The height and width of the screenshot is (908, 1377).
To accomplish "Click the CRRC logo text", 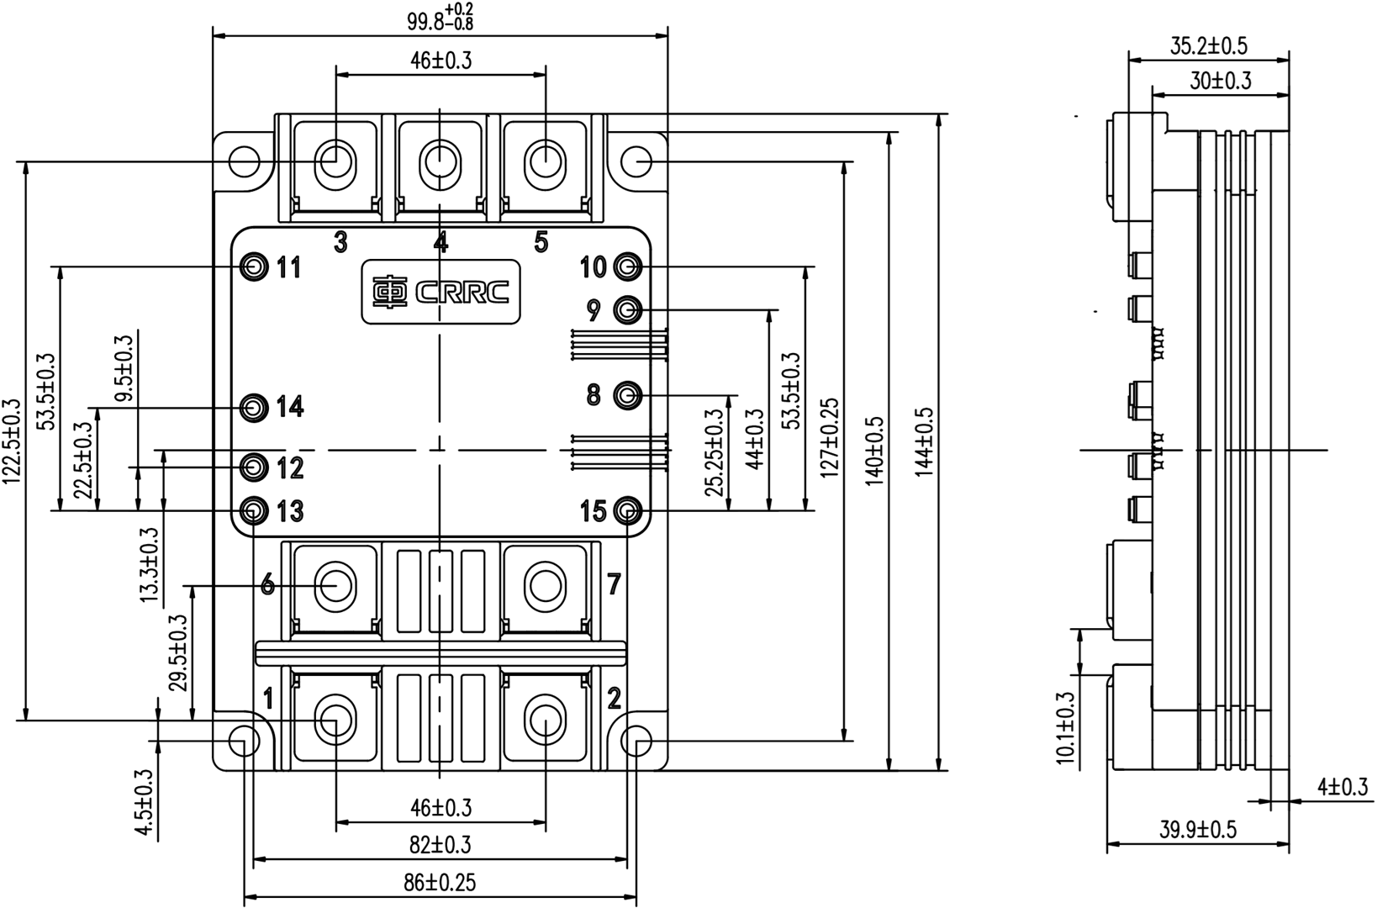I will pos(462,292).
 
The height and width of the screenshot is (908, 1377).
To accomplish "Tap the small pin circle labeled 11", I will pos(253,267).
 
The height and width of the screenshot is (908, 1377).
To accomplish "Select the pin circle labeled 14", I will pos(253,408).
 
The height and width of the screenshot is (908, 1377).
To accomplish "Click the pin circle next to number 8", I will pos(627,394).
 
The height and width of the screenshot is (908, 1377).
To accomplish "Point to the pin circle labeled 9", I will pos(627,310).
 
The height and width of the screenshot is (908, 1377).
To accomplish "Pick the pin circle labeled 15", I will pos(627,510).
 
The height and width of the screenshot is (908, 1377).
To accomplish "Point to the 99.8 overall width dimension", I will pos(441,18).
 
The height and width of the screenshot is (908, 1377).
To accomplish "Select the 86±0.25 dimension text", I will pos(439,882).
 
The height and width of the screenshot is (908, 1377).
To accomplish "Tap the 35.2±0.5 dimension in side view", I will pos(1208,46).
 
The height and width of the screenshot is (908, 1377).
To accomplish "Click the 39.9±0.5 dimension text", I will pos(1198,830).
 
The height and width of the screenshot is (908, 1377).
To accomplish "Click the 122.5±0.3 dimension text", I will pos(11,442).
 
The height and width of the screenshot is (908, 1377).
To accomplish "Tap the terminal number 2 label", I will pos(615,698).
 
